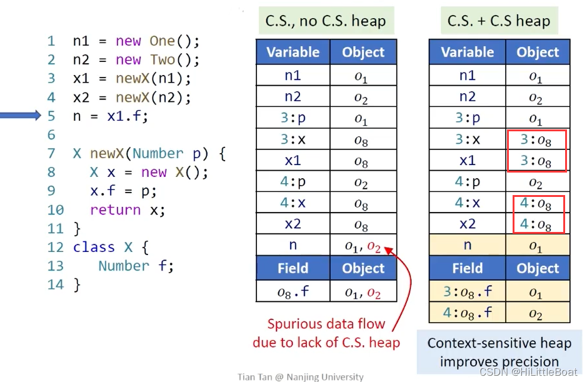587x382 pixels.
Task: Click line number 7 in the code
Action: [x=51, y=154]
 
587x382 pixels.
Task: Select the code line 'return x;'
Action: [x=128, y=210]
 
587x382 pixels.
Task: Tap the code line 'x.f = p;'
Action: [x=123, y=191]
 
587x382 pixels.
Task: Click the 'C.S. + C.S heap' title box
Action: [x=498, y=21]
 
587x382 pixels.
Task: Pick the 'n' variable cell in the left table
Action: [x=293, y=246]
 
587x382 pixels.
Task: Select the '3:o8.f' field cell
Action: [x=467, y=292]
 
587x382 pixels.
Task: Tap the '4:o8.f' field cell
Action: [x=467, y=312]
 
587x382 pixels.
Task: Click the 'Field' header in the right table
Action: [x=467, y=268]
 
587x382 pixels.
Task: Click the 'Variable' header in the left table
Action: [x=293, y=53]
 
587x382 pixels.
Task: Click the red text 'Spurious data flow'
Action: [x=326, y=324]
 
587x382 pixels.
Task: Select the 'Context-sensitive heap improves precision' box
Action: [x=499, y=352]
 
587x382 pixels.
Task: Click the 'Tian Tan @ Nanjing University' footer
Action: [x=300, y=377]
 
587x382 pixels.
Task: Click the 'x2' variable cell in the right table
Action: [x=467, y=224]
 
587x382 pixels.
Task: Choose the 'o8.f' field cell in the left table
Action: [x=293, y=291]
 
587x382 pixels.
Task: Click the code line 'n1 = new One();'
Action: [x=136, y=41]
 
